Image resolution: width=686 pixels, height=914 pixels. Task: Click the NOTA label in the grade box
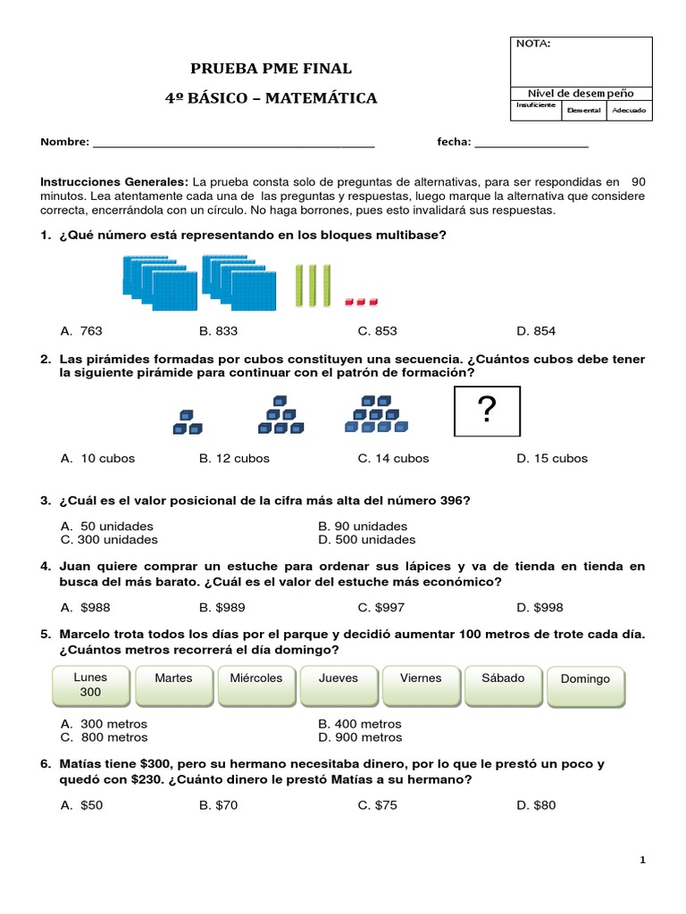[x=532, y=44]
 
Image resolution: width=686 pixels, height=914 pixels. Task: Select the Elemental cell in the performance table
[x=582, y=110]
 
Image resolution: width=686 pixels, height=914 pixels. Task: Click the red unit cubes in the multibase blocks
[x=362, y=301]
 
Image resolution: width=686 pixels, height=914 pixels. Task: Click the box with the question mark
[x=487, y=411]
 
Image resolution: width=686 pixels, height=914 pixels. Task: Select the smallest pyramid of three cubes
[x=187, y=423]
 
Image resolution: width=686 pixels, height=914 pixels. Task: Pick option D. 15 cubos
[x=551, y=459]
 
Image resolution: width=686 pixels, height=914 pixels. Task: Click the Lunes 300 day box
[x=90, y=685]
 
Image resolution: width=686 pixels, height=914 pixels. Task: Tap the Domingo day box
[x=585, y=685]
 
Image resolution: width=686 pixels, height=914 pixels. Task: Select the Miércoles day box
[x=255, y=685]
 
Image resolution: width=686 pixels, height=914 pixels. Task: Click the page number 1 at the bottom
[x=642, y=860]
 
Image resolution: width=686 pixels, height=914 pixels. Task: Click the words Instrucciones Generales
[x=114, y=182]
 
